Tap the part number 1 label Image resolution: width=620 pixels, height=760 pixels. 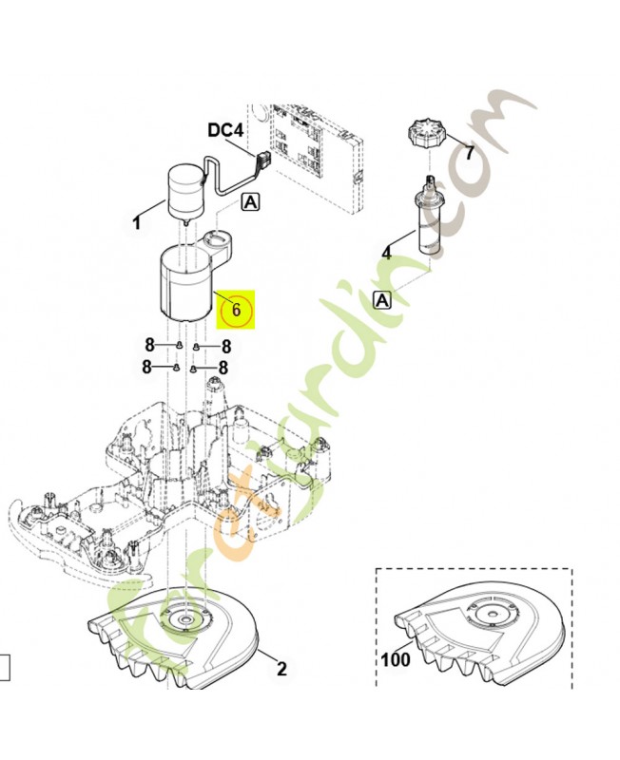136,224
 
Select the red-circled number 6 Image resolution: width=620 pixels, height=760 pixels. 239,310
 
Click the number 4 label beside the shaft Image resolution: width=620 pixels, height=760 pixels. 386,254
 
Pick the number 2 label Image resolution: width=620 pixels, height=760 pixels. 281,669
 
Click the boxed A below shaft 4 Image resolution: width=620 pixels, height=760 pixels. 382,300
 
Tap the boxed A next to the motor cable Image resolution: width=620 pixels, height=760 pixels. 250,201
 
